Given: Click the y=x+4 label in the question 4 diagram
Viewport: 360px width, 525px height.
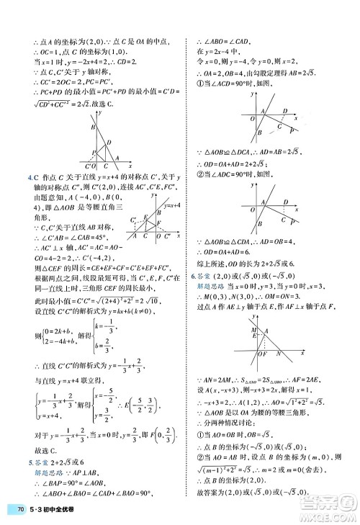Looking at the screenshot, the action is [171, 206].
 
